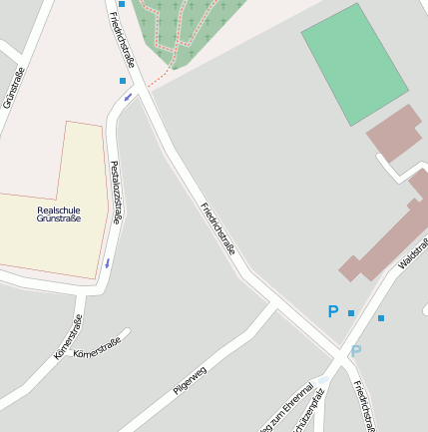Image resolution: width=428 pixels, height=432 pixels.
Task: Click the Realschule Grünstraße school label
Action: (58, 214)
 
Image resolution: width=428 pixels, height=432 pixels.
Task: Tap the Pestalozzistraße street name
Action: (116, 192)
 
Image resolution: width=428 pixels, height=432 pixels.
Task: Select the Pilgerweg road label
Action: (190, 380)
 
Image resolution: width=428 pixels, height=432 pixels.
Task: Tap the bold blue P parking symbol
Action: (333, 312)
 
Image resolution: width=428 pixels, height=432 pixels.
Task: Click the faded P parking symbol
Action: (355, 351)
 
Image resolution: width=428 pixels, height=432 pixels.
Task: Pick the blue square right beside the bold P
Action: (351, 313)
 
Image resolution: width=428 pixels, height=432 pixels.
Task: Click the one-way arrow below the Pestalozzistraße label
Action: (107, 263)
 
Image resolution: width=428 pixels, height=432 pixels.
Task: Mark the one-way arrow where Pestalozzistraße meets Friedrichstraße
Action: (128, 98)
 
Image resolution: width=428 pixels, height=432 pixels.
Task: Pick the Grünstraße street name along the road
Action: (13, 88)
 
